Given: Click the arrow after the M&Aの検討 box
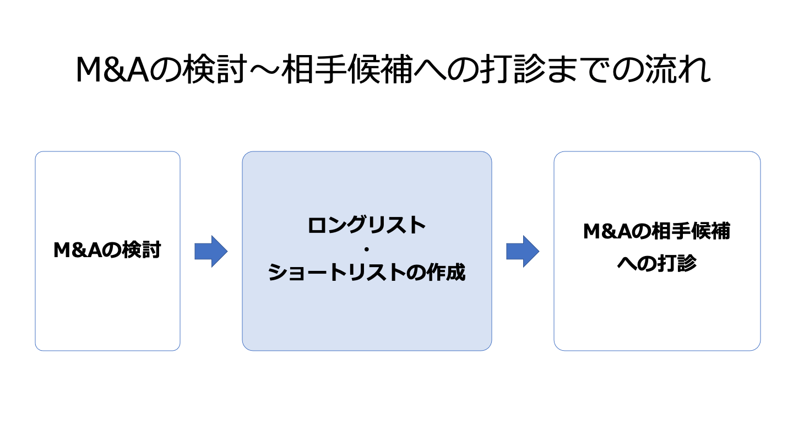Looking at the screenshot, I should coord(210,251).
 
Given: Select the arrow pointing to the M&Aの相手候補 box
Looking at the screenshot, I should coord(522,251).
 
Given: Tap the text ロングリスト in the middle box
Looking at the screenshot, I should coord(367,225).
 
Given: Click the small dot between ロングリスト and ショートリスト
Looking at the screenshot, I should coord(367,249).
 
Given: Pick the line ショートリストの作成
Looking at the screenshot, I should coord(367,273).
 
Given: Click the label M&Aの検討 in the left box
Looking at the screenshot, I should coord(107,251).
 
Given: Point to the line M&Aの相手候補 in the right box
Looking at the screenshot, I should coord(656,232).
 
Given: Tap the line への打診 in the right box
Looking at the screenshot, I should coord(656,264).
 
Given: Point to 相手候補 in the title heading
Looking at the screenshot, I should coord(347,70).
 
